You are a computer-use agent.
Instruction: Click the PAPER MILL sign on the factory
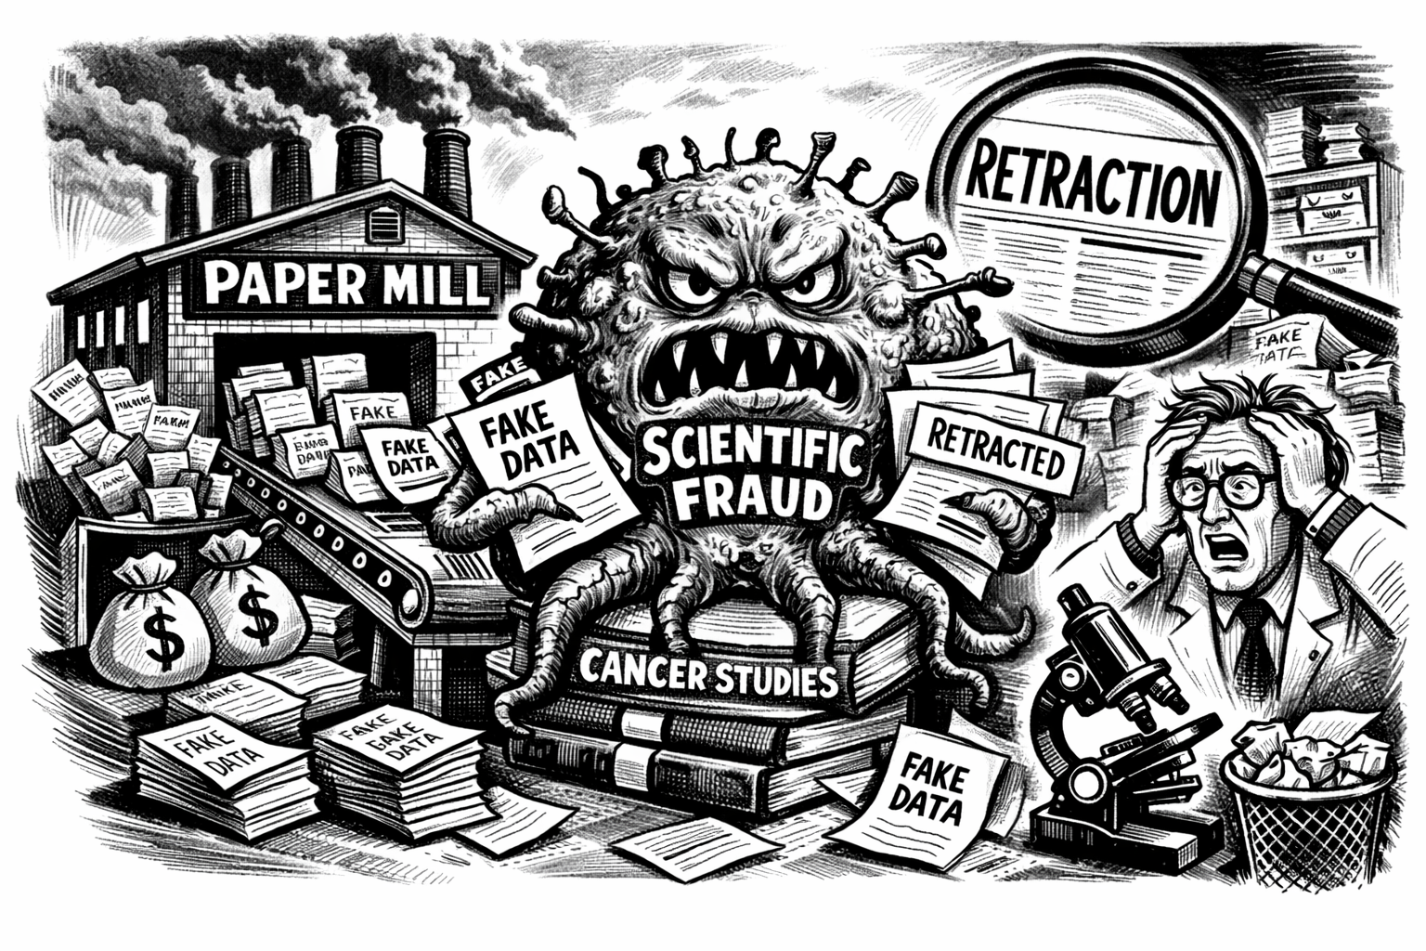341,280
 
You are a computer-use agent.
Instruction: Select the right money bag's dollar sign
249,614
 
